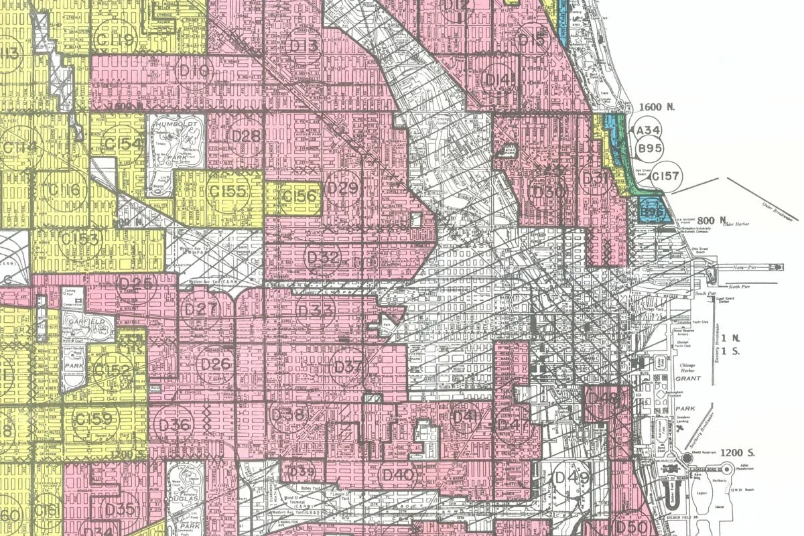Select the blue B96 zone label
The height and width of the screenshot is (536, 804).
coord(651,212)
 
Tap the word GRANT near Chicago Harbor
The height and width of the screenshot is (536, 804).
coord(687,379)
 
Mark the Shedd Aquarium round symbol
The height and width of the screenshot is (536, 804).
coord(688,458)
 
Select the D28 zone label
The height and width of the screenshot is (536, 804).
coord(245,135)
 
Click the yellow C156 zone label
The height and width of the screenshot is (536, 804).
coord(299,196)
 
